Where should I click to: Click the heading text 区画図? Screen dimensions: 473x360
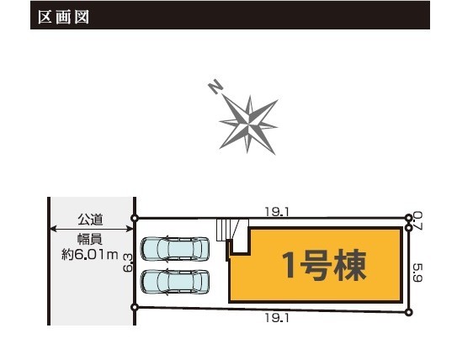pos(64,17)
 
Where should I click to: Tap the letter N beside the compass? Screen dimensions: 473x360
pos(215,87)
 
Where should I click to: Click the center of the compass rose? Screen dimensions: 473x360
pos(248,124)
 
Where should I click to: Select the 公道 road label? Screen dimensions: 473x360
pos(90,220)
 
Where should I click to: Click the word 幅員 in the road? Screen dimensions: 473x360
pos(90,239)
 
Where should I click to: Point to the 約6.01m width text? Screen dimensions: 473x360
pos(89,255)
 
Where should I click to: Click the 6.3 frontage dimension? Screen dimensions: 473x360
pos(128,262)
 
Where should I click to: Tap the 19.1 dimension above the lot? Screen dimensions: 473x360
pos(277,212)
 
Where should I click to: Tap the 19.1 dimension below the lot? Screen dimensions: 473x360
pos(277,317)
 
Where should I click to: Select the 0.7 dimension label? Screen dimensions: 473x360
pos(417,220)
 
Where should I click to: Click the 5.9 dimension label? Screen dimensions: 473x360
pos(417,273)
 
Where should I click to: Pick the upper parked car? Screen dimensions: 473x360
pos(175,249)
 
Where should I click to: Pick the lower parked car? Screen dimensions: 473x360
pos(175,282)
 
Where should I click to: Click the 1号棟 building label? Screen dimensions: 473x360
pos(324,265)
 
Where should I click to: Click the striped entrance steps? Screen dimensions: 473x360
pos(228,230)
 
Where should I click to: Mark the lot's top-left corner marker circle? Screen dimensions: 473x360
pos(135,218)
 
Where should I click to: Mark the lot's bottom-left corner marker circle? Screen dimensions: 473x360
pos(135,307)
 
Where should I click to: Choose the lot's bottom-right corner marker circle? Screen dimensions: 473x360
pos(409,312)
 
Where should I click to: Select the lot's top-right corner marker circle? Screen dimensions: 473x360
pos(409,217)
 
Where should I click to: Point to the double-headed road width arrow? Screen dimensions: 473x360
pos(92,229)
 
